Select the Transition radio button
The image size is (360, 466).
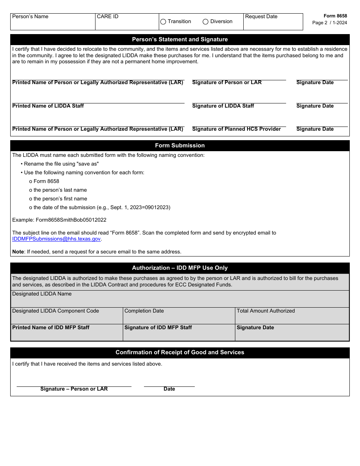tap(163, 22)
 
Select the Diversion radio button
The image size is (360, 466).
tap(206, 22)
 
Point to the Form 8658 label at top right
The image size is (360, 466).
tap(335, 16)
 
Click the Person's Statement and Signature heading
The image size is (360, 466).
tap(180, 39)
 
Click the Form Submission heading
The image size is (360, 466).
tap(180, 145)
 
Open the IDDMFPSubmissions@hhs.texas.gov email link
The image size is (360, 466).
tap(56, 239)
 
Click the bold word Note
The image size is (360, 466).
tap(18, 252)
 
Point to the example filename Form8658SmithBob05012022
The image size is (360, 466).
tap(71, 220)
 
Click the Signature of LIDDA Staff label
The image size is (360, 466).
tap(223, 106)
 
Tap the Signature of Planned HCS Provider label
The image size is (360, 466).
tap(236, 129)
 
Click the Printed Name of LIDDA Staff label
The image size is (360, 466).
tap(48, 106)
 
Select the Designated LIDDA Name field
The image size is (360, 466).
tap(180, 299)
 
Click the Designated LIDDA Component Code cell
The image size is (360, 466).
tap(67, 316)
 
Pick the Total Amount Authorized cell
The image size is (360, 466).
tap(292, 316)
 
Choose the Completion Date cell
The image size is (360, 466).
tap(179, 316)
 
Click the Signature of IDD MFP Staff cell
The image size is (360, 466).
tap(179, 333)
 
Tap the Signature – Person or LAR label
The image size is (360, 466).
tap(74, 389)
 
